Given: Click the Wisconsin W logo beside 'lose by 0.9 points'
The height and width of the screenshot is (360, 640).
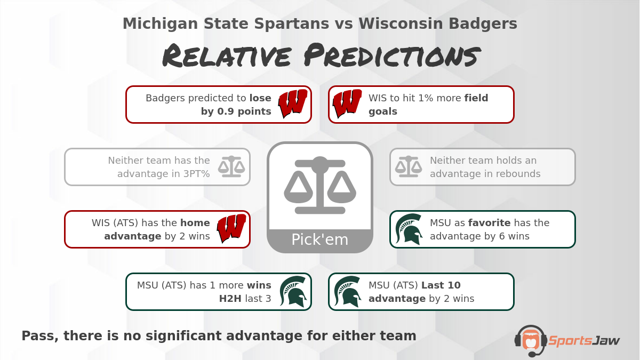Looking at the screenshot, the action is click(293, 103).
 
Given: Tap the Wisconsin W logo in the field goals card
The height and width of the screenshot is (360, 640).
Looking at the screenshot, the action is click(347, 103).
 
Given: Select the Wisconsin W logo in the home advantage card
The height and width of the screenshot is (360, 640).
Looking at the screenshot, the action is click(231, 229).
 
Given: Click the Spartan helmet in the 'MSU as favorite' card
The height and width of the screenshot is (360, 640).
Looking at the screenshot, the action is click(409, 229).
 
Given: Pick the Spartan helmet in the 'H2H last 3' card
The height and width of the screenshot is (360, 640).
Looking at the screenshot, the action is click(293, 292).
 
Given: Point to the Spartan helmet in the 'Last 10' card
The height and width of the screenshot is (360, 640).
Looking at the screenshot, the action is click(347, 292).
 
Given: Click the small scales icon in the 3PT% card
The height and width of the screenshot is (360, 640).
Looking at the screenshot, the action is click(231, 166).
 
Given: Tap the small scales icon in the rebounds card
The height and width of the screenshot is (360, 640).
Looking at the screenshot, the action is click(409, 166).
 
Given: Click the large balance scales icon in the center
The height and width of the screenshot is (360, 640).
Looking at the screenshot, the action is click(320, 185).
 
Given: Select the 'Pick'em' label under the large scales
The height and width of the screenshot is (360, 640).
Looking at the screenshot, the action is click(319, 239).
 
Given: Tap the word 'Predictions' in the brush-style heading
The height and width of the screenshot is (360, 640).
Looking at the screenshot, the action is click(392, 55).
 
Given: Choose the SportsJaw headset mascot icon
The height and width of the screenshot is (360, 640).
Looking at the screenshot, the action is click(531, 341).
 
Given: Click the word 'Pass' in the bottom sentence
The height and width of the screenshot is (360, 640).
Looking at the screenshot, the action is click(40, 336).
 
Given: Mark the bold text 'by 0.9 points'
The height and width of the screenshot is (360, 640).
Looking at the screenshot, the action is click(236, 111).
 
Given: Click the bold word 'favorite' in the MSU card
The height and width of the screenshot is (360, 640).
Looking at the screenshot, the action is click(490, 222).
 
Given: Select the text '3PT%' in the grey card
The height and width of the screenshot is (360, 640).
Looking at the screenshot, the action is click(197, 174).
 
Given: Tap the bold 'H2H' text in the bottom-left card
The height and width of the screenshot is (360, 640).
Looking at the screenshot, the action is click(230, 299).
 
